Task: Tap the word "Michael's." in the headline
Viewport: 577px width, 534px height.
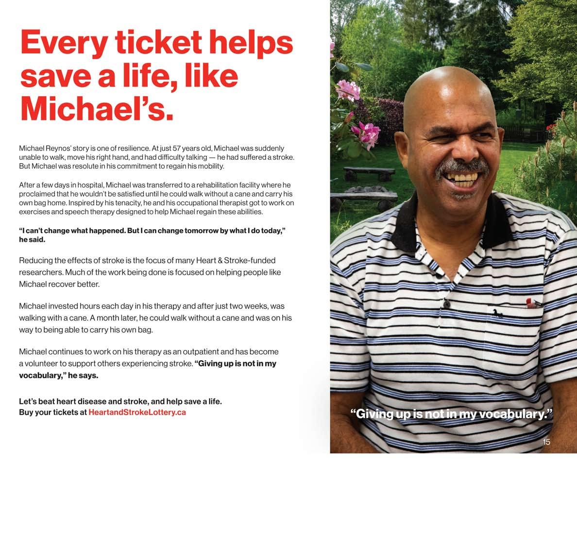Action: pyautogui.click(x=97, y=109)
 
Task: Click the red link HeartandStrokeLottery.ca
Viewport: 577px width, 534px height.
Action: pyautogui.click(x=137, y=412)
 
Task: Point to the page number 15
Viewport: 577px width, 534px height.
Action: pyautogui.click(x=546, y=442)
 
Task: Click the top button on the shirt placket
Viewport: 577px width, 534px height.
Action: pyautogui.click(x=446, y=305)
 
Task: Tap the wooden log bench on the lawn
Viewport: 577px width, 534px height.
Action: pyautogui.click(x=369, y=172)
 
